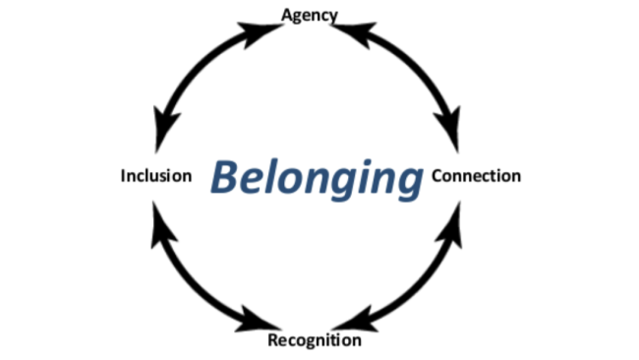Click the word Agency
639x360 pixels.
click(x=310, y=15)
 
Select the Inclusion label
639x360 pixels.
click(x=155, y=177)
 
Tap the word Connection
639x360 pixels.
click(x=476, y=177)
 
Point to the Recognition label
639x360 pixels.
click(x=315, y=341)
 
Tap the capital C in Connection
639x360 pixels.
click(x=437, y=177)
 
